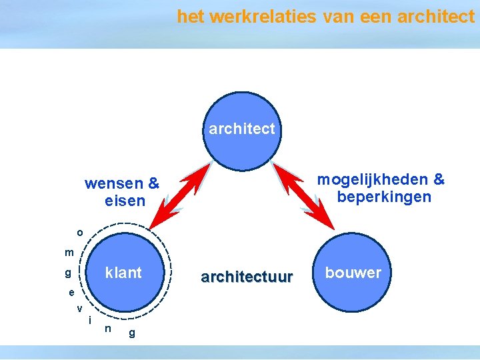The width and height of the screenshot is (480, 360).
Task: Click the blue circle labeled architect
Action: [242, 128]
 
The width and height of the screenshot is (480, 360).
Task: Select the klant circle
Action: [124, 272]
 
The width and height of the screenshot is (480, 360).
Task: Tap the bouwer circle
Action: [353, 272]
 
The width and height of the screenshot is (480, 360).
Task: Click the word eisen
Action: [125, 200]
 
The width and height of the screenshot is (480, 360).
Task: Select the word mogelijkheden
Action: [373, 180]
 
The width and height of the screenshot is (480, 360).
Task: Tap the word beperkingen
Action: [384, 197]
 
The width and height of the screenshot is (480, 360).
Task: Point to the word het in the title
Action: [190, 17]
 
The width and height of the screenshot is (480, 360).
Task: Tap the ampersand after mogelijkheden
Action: [439, 180]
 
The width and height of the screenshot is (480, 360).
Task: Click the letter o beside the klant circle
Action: [80, 233]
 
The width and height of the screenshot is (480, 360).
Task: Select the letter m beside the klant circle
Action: [69, 253]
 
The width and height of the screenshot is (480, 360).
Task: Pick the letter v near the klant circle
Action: [79, 308]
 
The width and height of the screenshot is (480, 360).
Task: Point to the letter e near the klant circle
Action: [71, 293]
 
